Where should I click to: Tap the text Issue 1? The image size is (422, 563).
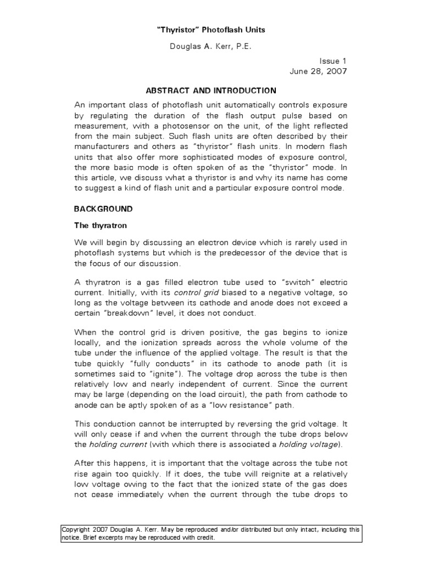[333, 62]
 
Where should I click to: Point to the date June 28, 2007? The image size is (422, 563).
[318, 72]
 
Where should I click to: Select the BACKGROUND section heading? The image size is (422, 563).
[103, 209]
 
